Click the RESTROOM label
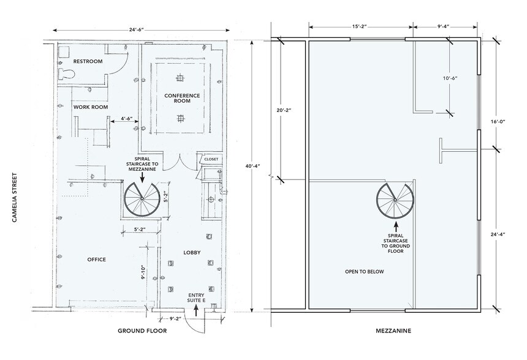tap(88, 62)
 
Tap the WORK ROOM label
tap(90, 107)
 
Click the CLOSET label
tap(211, 159)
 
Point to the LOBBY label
tap(192, 252)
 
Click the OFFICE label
tap(97, 260)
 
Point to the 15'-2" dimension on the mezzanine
tap(360, 26)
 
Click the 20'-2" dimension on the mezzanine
tap(282, 110)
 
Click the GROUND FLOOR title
tap(142, 331)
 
